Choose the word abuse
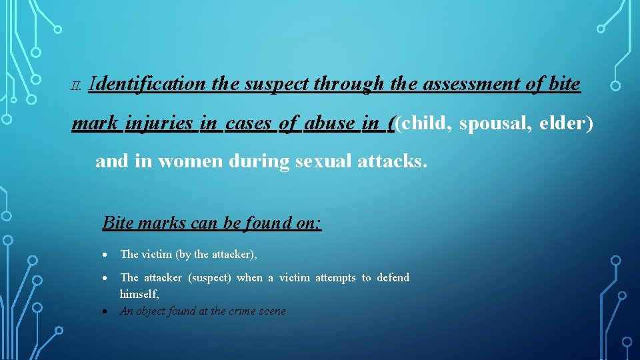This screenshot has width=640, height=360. click(329, 123)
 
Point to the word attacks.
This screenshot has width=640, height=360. click(393, 162)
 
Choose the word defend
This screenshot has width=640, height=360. click(393, 278)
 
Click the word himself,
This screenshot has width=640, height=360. click(139, 294)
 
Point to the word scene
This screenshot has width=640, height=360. click(271, 311)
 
